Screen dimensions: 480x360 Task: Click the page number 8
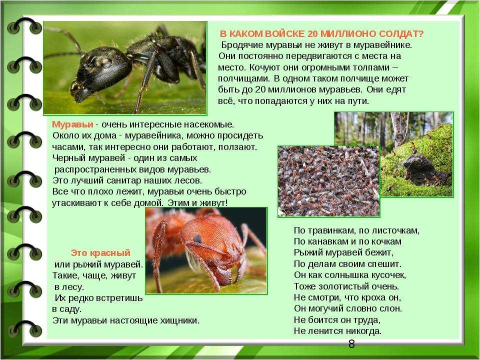point(351,344)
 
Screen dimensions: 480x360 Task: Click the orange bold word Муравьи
point(72,124)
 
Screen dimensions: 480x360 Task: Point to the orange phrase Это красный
point(100,252)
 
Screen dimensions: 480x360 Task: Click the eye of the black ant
point(106,63)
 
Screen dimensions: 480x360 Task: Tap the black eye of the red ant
point(198,238)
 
